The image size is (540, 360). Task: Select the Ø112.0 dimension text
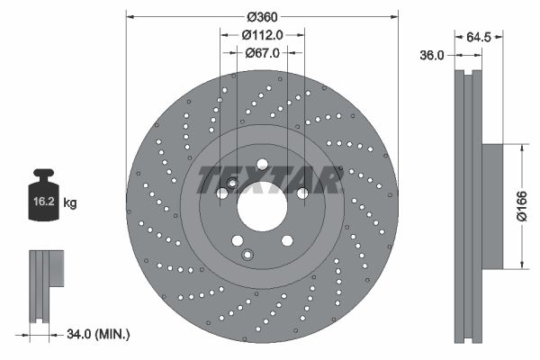coord(263,34)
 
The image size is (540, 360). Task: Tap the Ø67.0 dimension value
coord(263,53)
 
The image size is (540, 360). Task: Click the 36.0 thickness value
coord(433,55)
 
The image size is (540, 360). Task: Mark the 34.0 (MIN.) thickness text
coord(98,334)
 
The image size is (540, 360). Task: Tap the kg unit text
coord(70,203)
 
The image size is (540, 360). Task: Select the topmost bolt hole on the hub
coord(262,164)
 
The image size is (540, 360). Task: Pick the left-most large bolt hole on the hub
coord(221,193)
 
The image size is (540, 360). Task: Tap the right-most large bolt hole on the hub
coord(302,193)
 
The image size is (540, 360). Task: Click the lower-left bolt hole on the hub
coord(237,240)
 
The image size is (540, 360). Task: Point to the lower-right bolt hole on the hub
coord(286,240)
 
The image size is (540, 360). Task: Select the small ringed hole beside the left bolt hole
coord(232,184)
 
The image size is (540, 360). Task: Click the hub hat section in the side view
coord(491,207)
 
